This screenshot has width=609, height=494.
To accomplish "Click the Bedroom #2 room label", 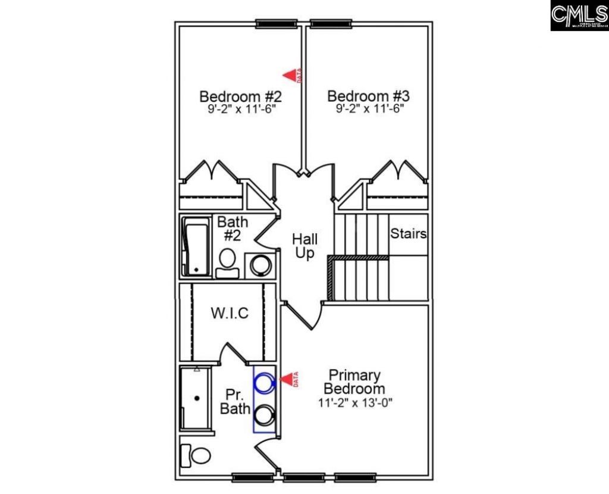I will pyautogui.click(x=240, y=96).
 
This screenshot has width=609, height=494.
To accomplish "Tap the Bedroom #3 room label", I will pyautogui.click(x=369, y=96).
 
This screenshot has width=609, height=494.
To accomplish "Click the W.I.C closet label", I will pyautogui.click(x=230, y=313).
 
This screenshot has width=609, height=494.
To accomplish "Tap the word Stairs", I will pyautogui.click(x=409, y=234).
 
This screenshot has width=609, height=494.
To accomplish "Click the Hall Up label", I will pyautogui.click(x=304, y=246).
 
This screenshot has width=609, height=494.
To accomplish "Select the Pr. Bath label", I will pyautogui.click(x=232, y=402).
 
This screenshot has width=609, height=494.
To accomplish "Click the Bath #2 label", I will pyautogui.click(x=230, y=229).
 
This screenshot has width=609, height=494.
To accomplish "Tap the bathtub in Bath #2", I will pyautogui.click(x=196, y=248).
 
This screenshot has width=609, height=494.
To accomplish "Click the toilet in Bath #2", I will pyautogui.click(x=227, y=262).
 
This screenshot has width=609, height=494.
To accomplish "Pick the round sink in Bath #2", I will pyautogui.click(x=262, y=265).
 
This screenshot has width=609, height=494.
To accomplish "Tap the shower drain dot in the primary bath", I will pyautogui.click(x=197, y=397).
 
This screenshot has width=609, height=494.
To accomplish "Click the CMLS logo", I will pyautogui.click(x=579, y=15).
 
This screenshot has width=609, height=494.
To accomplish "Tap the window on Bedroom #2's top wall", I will pyautogui.click(x=277, y=24).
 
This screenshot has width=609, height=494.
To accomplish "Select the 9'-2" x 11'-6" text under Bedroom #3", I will pyautogui.click(x=369, y=110).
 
